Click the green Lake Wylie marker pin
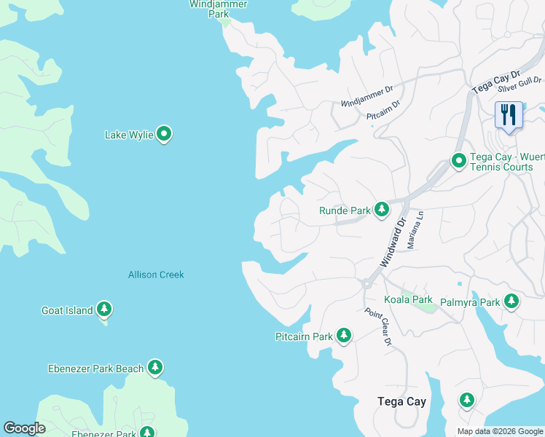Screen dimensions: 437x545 click(x=165, y=133)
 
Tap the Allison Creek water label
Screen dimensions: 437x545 click(x=156, y=275)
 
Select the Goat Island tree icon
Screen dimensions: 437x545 click(x=104, y=310)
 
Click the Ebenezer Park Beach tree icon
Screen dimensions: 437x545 click(x=155, y=368)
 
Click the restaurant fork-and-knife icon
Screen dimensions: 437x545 click(x=509, y=115)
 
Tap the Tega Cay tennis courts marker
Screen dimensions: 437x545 click(x=459, y=160)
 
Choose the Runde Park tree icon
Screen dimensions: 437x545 click(x=381, y=210)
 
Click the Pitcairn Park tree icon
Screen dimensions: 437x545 click(x=343, y=336)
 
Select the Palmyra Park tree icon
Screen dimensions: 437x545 click(x=511, y=301)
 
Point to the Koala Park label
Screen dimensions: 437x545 click(x=408, y=299)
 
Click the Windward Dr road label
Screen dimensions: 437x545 click(x=391, y=244)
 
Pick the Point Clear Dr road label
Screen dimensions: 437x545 click(x=379, y=327)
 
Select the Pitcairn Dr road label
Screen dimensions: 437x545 click(x=383, y=110)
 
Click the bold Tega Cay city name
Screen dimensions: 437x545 click(x=401, y=401)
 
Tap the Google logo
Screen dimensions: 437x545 click(x=24, y=428)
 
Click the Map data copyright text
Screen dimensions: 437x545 click(x=499, y=431)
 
